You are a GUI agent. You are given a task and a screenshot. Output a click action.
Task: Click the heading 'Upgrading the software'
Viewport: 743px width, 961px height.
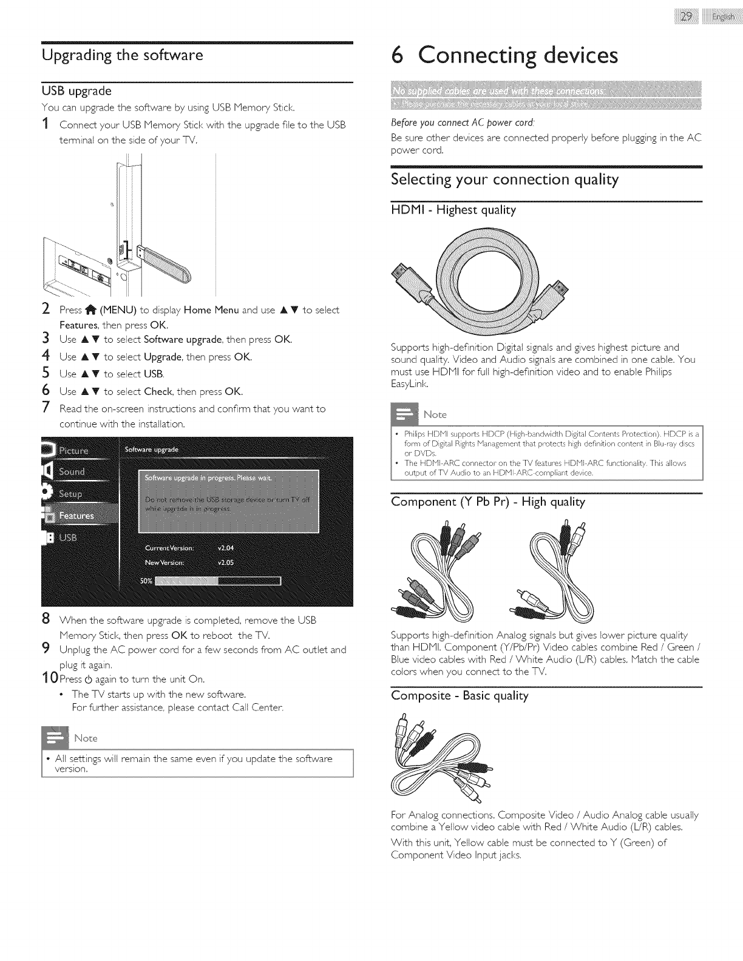tap(122, 56)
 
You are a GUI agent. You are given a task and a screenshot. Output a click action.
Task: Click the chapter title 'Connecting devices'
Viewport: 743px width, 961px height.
tap(506, 56)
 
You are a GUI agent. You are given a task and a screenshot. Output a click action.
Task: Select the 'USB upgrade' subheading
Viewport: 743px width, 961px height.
tap(76, 91)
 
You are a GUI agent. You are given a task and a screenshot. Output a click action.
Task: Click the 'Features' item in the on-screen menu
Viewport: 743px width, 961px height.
tap(76, 516)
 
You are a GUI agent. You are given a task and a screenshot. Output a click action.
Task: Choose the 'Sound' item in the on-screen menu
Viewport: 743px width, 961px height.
tap(72, 472)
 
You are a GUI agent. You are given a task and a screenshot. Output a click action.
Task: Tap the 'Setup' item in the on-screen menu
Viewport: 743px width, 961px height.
tap(70, 494)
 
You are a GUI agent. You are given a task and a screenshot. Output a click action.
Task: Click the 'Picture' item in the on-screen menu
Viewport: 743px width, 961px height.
tap(73, 450)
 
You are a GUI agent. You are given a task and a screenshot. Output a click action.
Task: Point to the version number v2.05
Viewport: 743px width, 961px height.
tap(225, 562)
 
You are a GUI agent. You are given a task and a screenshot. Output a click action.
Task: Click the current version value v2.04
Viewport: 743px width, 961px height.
tap(225, 548)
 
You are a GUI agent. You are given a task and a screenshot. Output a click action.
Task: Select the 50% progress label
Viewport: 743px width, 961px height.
tap(146, 581)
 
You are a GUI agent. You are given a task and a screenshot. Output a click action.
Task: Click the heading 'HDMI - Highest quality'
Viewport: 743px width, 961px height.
tap(453, 211)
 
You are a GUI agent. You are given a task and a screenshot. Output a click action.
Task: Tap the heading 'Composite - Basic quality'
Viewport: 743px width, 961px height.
tap(460, 695)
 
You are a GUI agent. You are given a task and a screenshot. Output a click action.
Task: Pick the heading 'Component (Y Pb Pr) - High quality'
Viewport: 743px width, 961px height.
tap(488, 502)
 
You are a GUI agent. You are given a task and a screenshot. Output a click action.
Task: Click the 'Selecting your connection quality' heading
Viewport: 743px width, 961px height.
tap(504, 180)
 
